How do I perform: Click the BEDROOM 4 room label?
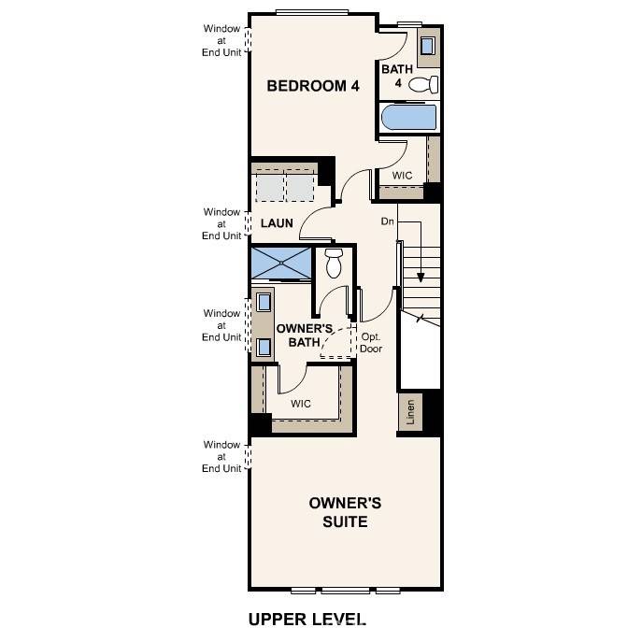(x=313, y=86)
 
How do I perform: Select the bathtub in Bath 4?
(x=409, y=118)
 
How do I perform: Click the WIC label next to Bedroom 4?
(x=402, y=176)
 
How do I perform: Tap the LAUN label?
(x=277, y=223)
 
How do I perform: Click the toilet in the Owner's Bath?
(x=334, y=264)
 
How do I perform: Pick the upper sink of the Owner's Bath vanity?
(x=264, y=302)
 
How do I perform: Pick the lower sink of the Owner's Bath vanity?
(x=264, y=348)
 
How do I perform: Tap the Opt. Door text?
(x=371, y=343)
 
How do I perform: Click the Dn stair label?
(x=388, y=222)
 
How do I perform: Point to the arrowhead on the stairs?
(x=421, y=277)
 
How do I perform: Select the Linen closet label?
(x=408, y=413)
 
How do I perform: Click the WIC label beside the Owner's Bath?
(x=300, y=404)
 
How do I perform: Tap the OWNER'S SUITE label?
(x=345, y=512)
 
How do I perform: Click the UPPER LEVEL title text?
(x=307, y=620)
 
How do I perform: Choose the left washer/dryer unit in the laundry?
(x=269, y=188)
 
